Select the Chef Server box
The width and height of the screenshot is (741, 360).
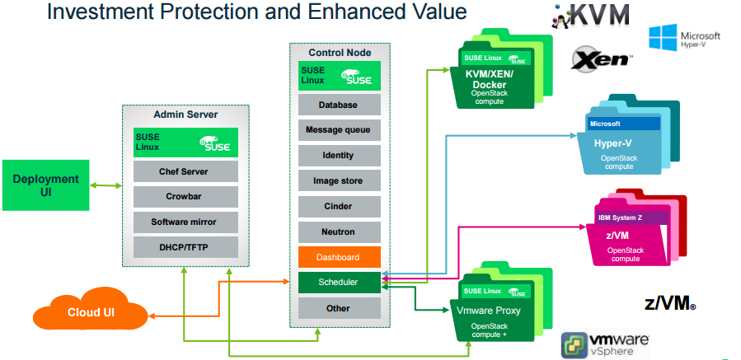click(185, 172)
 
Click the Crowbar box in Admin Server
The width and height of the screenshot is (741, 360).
click(185, 197)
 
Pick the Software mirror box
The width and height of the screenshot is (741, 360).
click(185, 222)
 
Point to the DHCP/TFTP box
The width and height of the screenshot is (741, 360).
click(185, 246)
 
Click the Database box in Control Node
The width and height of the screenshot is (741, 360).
click(339, 105)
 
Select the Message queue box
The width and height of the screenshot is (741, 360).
click(339, 130)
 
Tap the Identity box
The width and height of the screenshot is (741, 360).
click(339, 155)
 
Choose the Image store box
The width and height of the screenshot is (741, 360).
click(339, 180)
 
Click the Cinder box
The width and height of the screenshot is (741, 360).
click(339, 206)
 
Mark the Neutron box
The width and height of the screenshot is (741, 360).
click(339, 231)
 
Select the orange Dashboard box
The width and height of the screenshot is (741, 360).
click(339, 257)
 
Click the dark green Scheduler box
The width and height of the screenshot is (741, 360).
click(339, 283)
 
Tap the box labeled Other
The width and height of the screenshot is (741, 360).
click(339, 308)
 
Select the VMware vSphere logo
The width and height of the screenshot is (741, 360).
click(605, 344)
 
